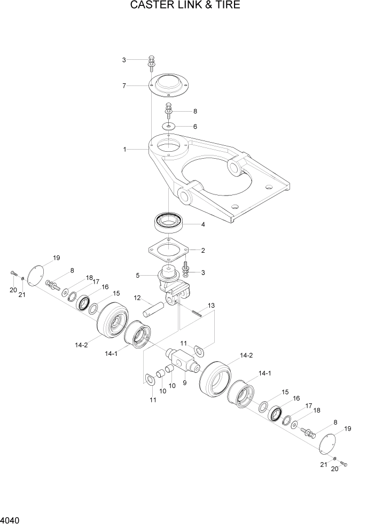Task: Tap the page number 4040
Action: [x=11, y=520]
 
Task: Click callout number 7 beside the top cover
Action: [x=124, y=85]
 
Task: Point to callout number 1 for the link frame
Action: [x=124, y=150]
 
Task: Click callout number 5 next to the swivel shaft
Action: [x=137, y=276]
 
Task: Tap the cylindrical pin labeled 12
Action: [x=154, y=309]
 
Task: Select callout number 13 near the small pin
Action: [x=211, y=305]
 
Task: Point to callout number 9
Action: [x=184, y=383]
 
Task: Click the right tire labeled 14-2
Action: [x=217, y=380]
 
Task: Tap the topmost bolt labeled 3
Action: [x=152, y=62]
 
